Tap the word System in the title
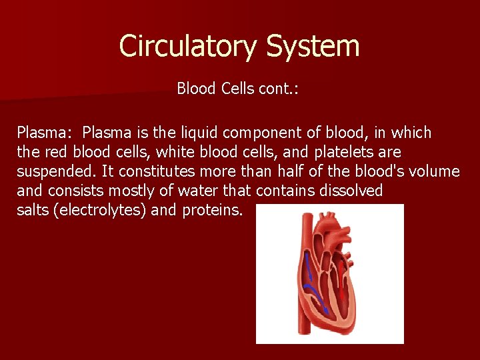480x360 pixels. tap(313, 47)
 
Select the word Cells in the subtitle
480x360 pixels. tap(237, 89)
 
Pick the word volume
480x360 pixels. tap(435, 171)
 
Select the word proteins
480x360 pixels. tap(214, 210)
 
